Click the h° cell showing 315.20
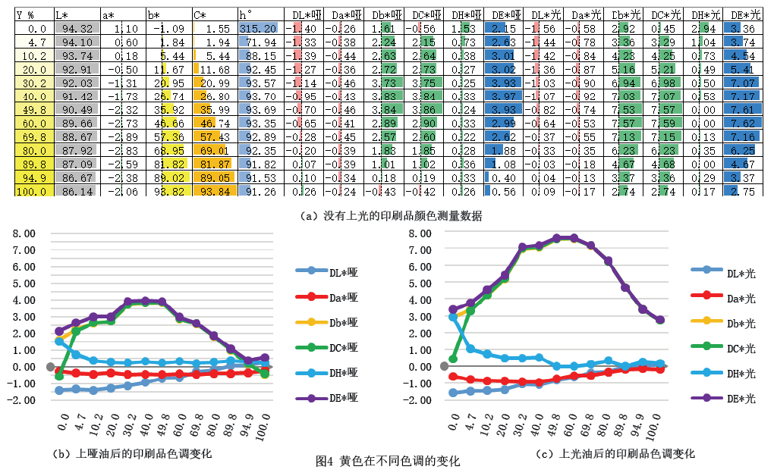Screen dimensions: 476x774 pyautogui.click(x=260, y=28)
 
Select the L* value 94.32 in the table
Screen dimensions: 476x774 pyautogui.click(x=76, y=28)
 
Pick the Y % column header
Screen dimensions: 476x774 pyautogui.click(x=25, y=14)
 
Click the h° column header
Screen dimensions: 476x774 pyautogui.click(x=246, y=14)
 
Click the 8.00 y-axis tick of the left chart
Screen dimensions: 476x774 pyautogui.click(x=23, y=233)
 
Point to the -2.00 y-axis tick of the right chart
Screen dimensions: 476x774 pyautogui.click(x=418, y=400)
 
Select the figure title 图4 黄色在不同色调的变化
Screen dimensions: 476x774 pyautogui.click(x=388, y=461)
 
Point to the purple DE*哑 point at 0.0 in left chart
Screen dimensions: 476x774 pyautogui.click(x=59, y=331)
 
